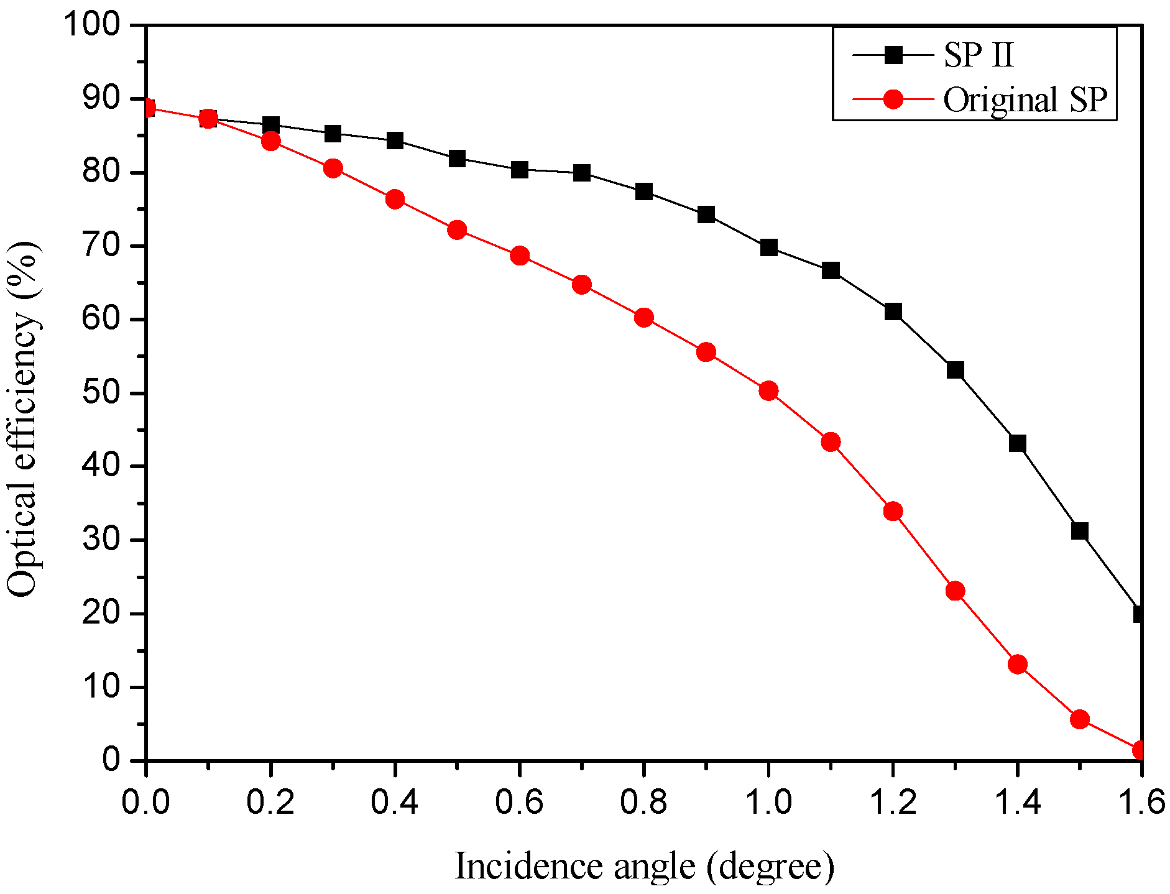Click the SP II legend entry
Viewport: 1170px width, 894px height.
pyautogui.click(x=979, y=55)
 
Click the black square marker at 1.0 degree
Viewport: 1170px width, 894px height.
pyautogui.click(x=768, y=247)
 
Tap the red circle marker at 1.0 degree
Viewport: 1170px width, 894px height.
pyautogui.click(x=768, y=390)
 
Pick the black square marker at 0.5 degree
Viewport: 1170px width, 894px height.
pyautogui.click(x=457, y=159)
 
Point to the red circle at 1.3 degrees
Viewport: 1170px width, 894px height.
pyautogui.click(x=955, y=591)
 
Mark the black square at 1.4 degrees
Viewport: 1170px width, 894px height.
pyautogui.click(x=1017, y=443)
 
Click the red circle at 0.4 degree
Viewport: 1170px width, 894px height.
pyautogui.click(x=395, y=200)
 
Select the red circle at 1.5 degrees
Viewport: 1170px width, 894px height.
pyautogui.click(x=1080, y=719)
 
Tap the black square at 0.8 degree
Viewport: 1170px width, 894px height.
pyautogui.click(x=644, y=191)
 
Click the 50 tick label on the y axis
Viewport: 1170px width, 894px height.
pyautogui.click(x=101, y=393)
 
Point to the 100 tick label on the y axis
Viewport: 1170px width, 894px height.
pyautogui.click(x=92, y=25)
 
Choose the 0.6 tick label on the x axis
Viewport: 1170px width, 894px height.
pyautogui.click(x=519, y=802)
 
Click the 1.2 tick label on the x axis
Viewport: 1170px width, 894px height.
pyautogui.click(x=893, y=802)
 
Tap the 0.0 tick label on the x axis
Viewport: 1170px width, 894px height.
pyautogui.click(x=145, y=802)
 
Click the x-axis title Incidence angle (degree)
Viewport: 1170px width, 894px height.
pyautogui.click(x=644, y=866)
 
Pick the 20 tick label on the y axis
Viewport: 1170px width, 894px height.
pyautogui.click(x=101, y=614)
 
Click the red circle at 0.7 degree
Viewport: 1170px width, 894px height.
pyautogui.click(x=581, y=285)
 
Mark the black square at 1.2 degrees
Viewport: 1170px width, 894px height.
pyautogui.click(x=893, y=311)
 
